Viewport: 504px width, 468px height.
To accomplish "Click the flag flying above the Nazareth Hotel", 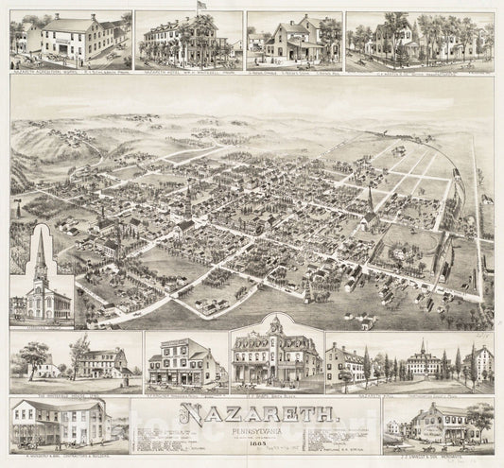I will (200, 7).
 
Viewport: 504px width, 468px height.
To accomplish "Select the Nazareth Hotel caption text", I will (187, 69).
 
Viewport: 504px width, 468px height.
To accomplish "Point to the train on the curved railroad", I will (457, 173).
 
